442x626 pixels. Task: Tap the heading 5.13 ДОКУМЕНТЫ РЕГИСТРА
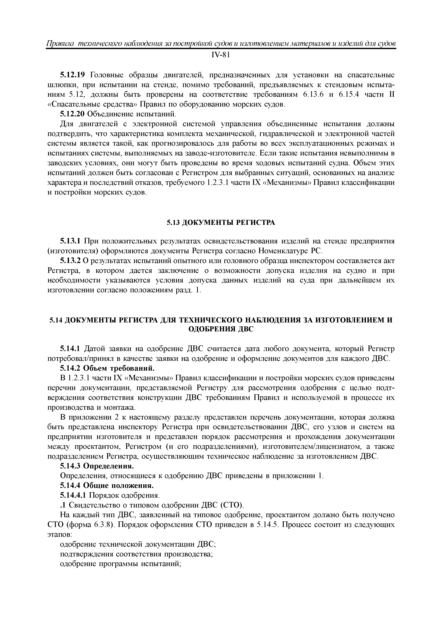[221, 223]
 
